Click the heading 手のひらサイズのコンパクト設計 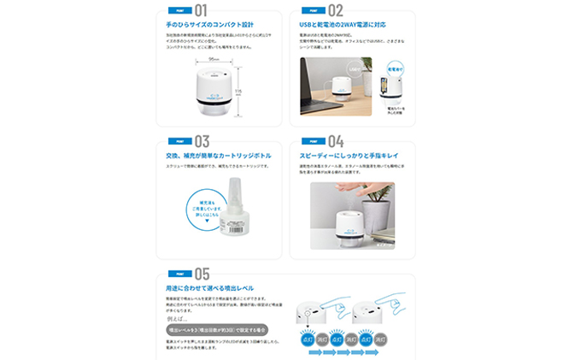(x=211, y=27)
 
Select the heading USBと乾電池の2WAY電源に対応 (x=343, y=27)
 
